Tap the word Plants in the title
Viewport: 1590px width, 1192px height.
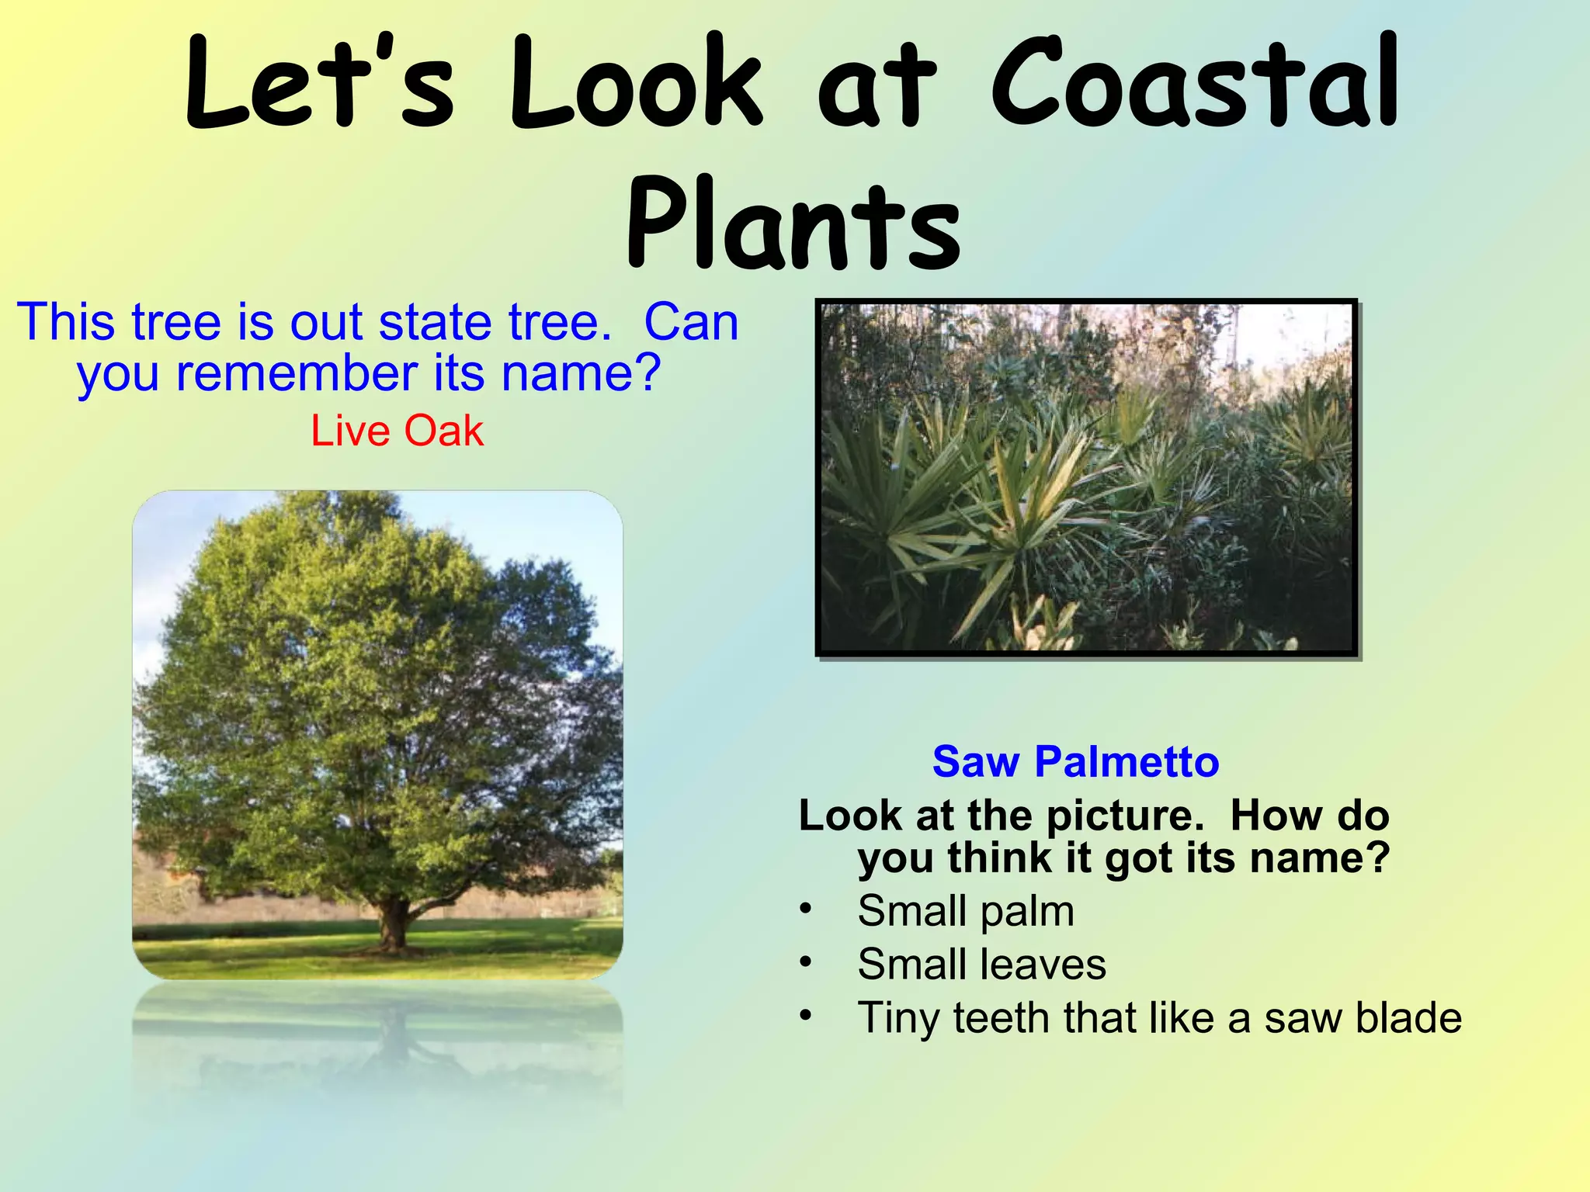(793, 225)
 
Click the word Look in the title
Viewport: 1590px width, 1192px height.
(635, 84)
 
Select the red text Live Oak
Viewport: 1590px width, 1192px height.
(397, 431)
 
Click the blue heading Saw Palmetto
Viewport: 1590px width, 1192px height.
(1075, 761)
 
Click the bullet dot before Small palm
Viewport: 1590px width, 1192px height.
(806, 908)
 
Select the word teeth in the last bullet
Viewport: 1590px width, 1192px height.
(1002, 1018)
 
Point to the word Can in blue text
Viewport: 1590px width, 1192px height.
(691, 322)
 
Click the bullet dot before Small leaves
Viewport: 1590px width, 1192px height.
(806, 962)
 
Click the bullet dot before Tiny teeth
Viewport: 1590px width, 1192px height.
(806, 1015)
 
